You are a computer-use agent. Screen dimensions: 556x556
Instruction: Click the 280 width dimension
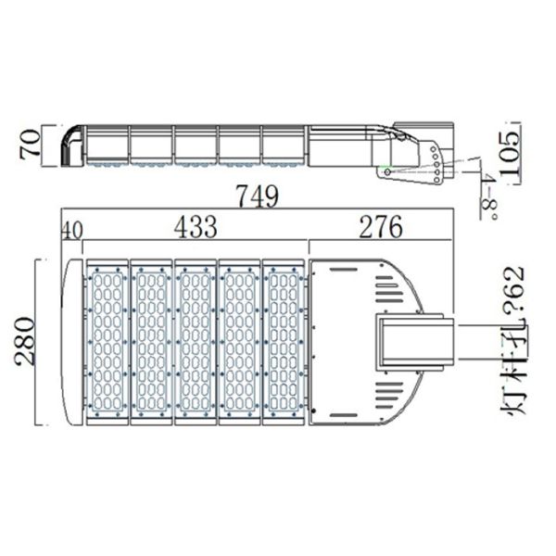[25, 342]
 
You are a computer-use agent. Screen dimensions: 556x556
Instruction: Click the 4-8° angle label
[488, 196]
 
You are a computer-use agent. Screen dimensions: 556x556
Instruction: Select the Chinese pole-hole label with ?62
[515, 342]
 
